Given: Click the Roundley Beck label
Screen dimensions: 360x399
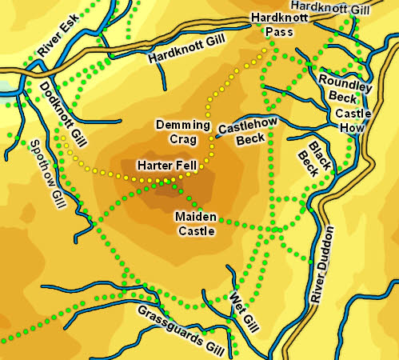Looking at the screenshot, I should coord(344,88).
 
